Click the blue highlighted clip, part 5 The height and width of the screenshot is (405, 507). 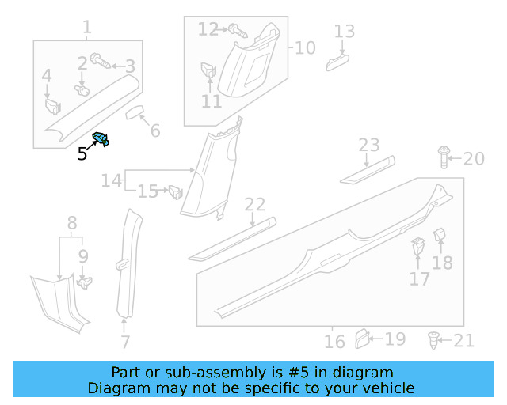coord(101,139)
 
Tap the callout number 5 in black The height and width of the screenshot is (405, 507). coord(82,153)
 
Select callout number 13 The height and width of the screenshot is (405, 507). coord(344,32)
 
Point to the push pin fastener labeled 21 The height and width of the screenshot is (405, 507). coord(433,340)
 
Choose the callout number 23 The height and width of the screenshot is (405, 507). coord(369,146)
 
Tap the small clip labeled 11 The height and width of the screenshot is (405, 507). coord(209,70)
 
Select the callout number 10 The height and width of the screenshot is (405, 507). coord(304,47)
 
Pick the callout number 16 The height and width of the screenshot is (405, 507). coord(334,342)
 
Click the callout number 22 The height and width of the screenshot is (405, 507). coord(255,205)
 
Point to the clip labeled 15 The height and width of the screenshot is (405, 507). coord(175,191)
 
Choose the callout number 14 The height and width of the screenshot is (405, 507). coord(112,181)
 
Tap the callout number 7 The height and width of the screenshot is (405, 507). coord(124,342)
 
